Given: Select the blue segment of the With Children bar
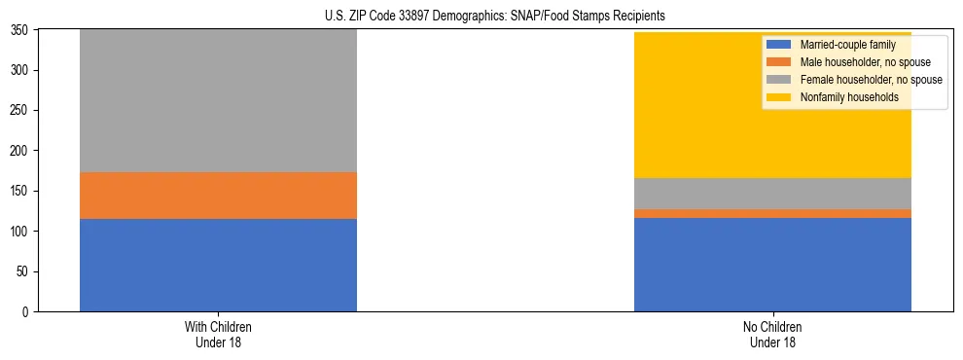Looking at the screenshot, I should tap(218, 265).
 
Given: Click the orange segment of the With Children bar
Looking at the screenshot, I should tap(218, 196).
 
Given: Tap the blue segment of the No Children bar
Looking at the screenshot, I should tap(772, 265).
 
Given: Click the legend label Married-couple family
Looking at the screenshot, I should tap(847, 46).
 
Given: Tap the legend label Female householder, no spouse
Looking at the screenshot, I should tap(870, 80).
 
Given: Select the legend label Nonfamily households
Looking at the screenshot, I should tap(849, 97).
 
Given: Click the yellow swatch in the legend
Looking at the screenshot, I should tap(779, 97).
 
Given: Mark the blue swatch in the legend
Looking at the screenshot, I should tap(779, 46).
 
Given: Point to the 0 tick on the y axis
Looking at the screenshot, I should tap(28, 312).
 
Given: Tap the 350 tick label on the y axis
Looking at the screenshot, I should tap(22, 30).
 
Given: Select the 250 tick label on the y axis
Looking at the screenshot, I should tap(22, 111).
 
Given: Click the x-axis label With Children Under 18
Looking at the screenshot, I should tap(218, 335).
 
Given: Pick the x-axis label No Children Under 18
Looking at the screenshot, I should tap(772, 335).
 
